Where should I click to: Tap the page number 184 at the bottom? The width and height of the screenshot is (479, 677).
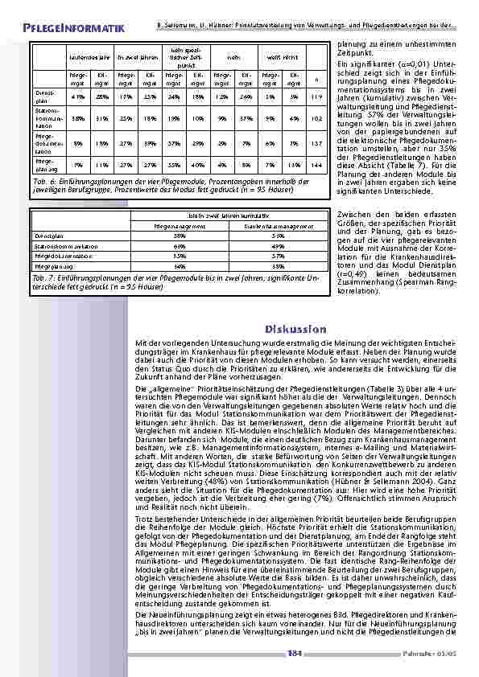pos(293,654)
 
